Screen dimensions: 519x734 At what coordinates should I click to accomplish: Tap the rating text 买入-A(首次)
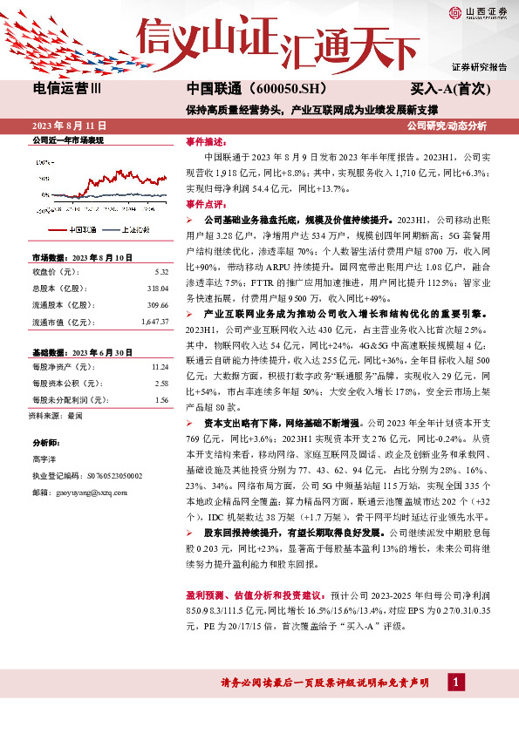point(451,89)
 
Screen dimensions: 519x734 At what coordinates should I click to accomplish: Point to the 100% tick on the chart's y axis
point(44,161)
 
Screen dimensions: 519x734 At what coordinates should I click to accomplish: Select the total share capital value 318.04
point(158,287)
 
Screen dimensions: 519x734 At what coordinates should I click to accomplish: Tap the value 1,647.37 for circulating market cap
point(154,323)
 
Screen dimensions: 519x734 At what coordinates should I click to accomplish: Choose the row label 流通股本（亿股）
point(62,305)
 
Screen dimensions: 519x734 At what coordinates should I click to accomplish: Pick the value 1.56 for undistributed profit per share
point(160,400)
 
